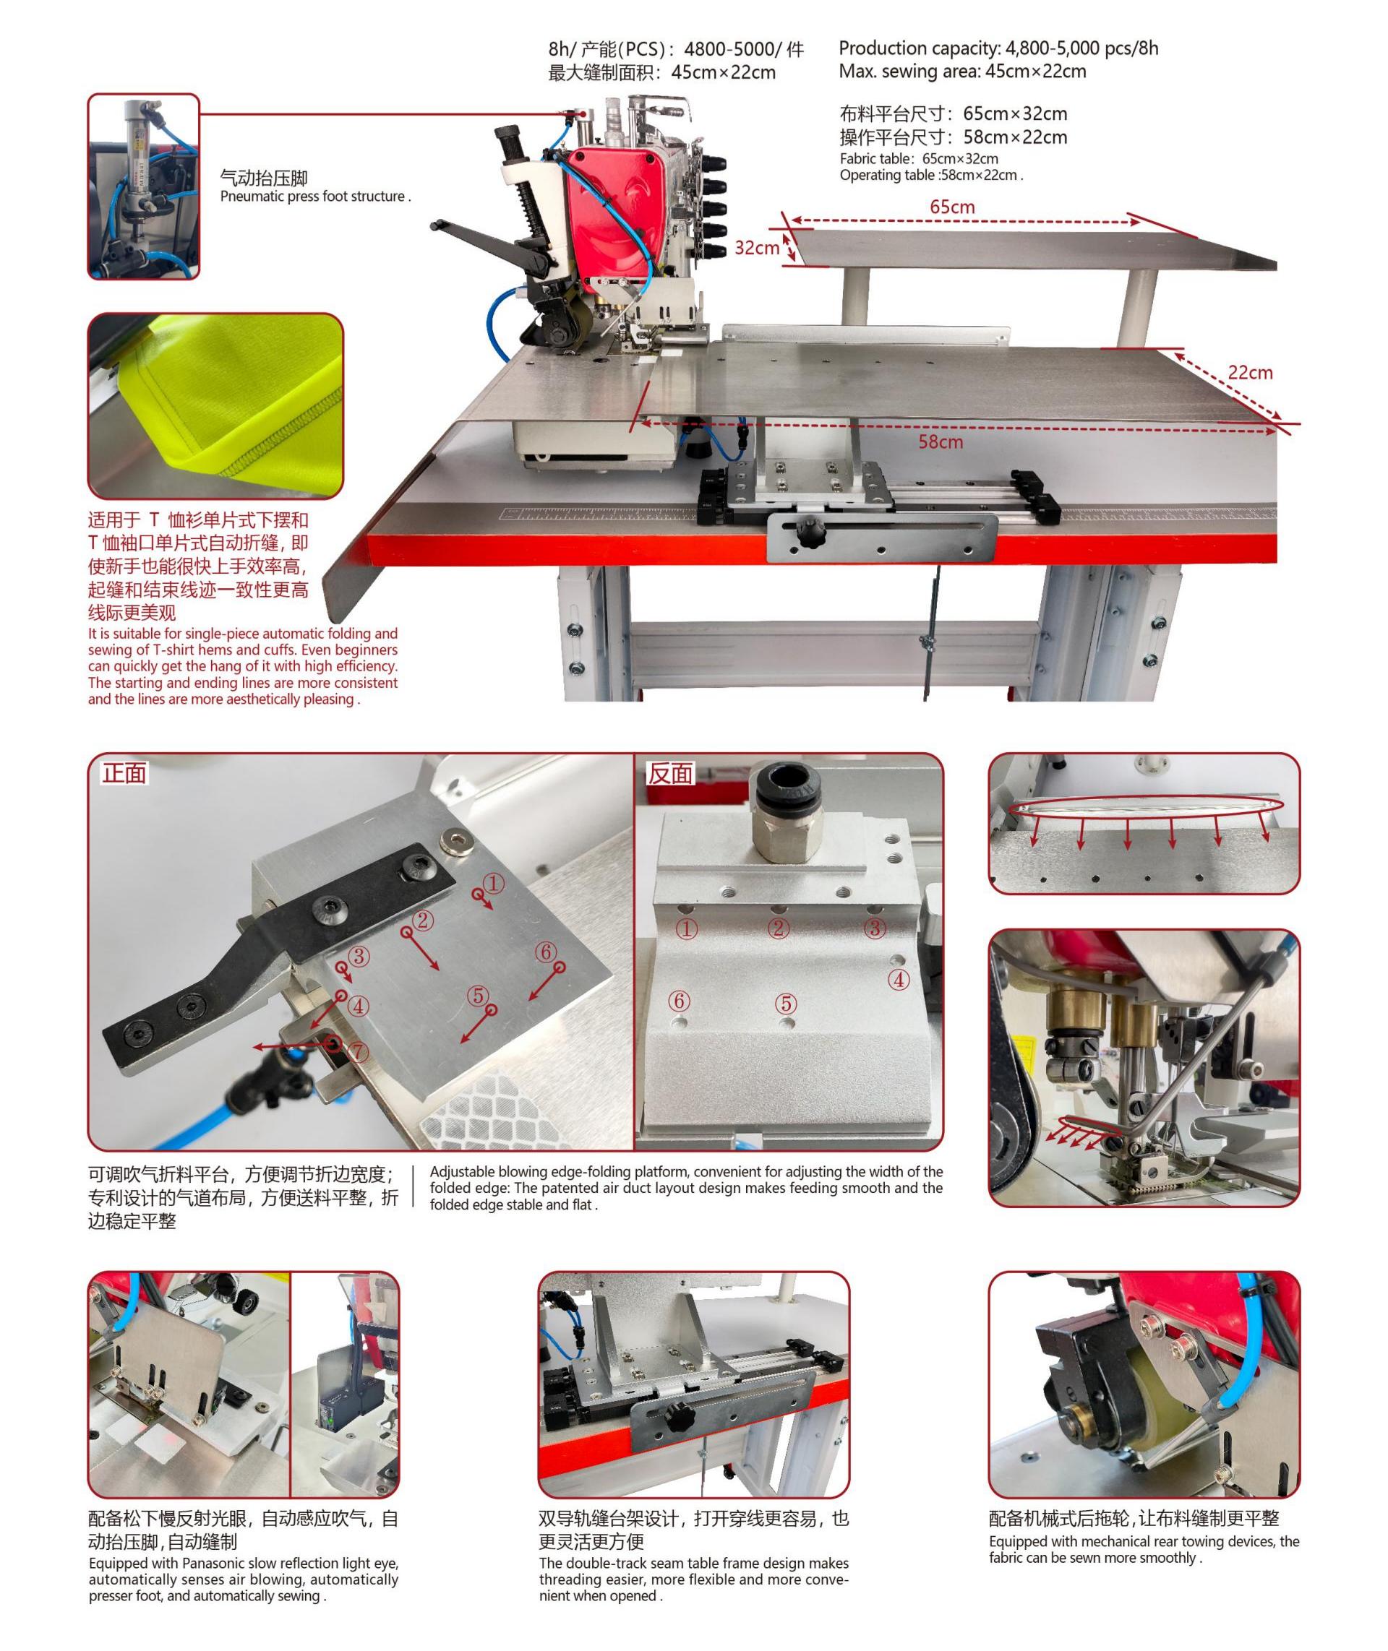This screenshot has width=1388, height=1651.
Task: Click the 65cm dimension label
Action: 952,207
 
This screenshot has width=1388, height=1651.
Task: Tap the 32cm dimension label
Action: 756,248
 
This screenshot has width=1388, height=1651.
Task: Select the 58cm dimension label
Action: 941,442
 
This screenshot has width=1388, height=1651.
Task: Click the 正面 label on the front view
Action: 124,773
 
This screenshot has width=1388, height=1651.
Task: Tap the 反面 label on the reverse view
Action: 669,774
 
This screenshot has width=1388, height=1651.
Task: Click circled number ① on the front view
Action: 493,884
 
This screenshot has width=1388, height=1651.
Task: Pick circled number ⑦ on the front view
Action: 358,1051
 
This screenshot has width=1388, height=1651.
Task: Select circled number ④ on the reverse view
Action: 899,979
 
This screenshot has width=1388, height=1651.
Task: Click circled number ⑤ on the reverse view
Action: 785,1004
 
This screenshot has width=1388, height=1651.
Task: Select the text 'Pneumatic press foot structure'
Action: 312,197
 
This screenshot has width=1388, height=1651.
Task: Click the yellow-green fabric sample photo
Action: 215,406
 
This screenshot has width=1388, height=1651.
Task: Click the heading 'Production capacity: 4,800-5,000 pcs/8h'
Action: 998,48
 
